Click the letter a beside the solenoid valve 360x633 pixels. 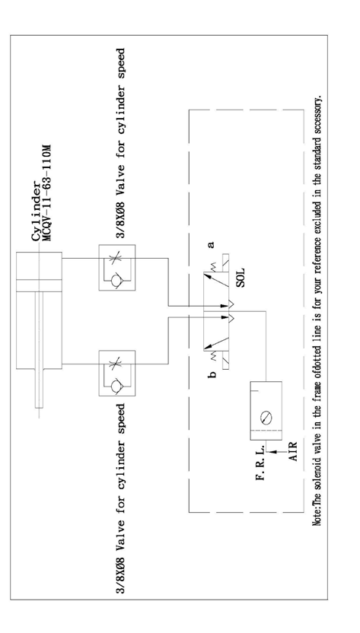coord(211,244)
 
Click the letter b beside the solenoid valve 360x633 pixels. coord(212,374)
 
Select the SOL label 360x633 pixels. coord(241,278)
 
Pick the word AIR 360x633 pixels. coord(292,452)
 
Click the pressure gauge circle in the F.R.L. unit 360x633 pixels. coord(266,418)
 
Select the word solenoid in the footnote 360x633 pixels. coord(317,479)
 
